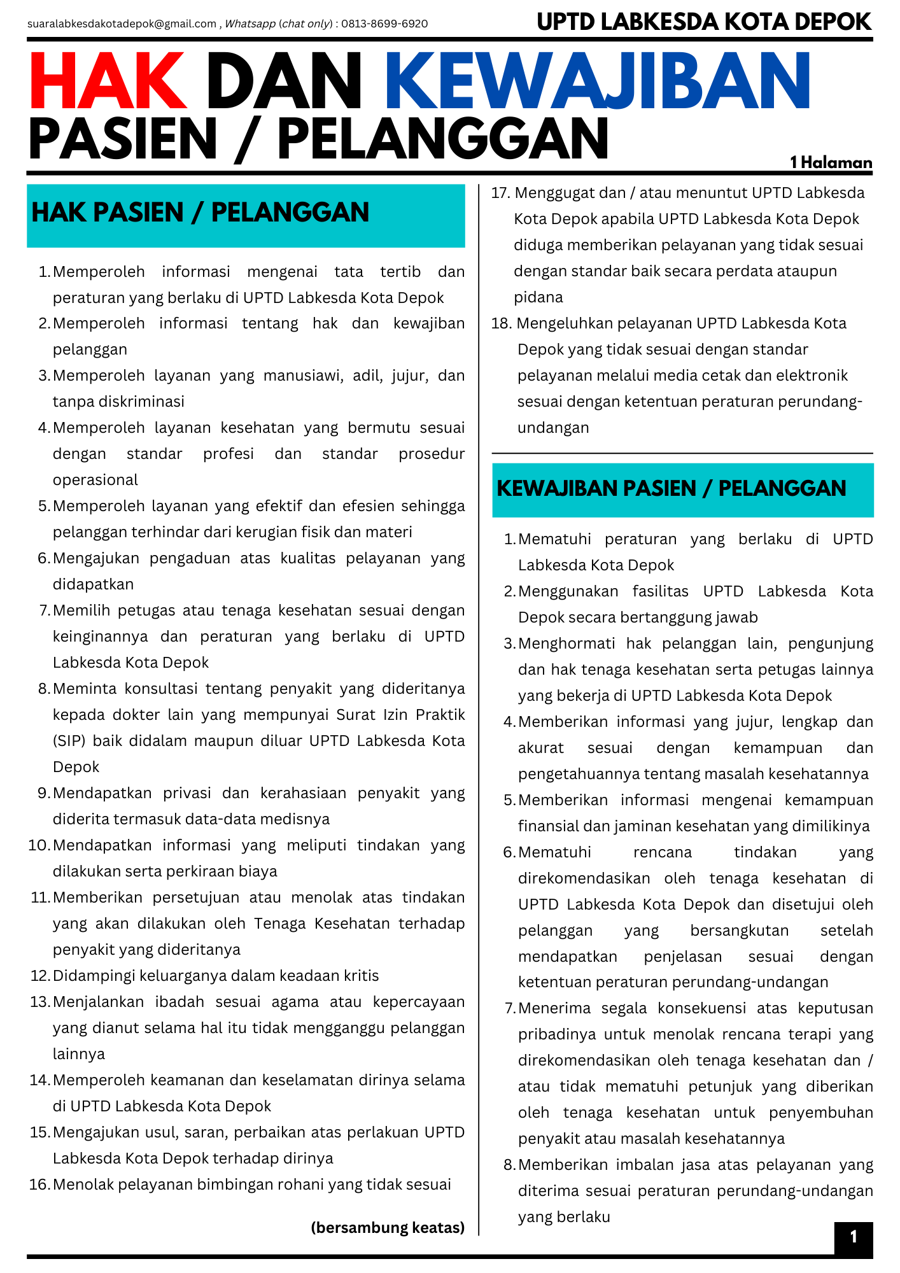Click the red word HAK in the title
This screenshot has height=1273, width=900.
pyautogui.click(x=108, y=81)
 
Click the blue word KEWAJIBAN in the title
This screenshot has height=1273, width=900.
pyautogui.click(x=598, y=81)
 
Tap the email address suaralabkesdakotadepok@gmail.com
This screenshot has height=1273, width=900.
pyautogui.click(x=122, y=24)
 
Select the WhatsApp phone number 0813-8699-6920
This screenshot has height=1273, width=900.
pyautogui.click(x=384, y=24)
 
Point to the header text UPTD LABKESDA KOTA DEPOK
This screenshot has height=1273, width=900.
pyautogui.click(x=703, y=22)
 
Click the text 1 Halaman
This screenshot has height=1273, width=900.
pyautogui.click(x=831, y=162)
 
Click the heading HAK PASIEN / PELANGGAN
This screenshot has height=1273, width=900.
pyautogui.click(x=200, y=213)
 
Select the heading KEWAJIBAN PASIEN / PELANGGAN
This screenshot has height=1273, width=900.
pyautogui.click(x=671, y=488)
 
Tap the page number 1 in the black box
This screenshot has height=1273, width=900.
pyautogui.click(x=854, y=1237)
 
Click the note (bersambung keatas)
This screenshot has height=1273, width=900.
pyautogui.click(x=388, y=1227)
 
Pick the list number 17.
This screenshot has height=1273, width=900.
pyautogui.click(x=500, y=193)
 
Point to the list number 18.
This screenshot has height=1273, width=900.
pyautogui.click(x=501, y=323)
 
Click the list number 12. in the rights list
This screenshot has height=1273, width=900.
pyautogui.click(x=40, y=976)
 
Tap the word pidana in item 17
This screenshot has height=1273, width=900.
pyautogui.click(x=538, y=297)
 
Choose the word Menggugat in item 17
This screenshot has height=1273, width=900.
pyautogui.click(x=552, y=193)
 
